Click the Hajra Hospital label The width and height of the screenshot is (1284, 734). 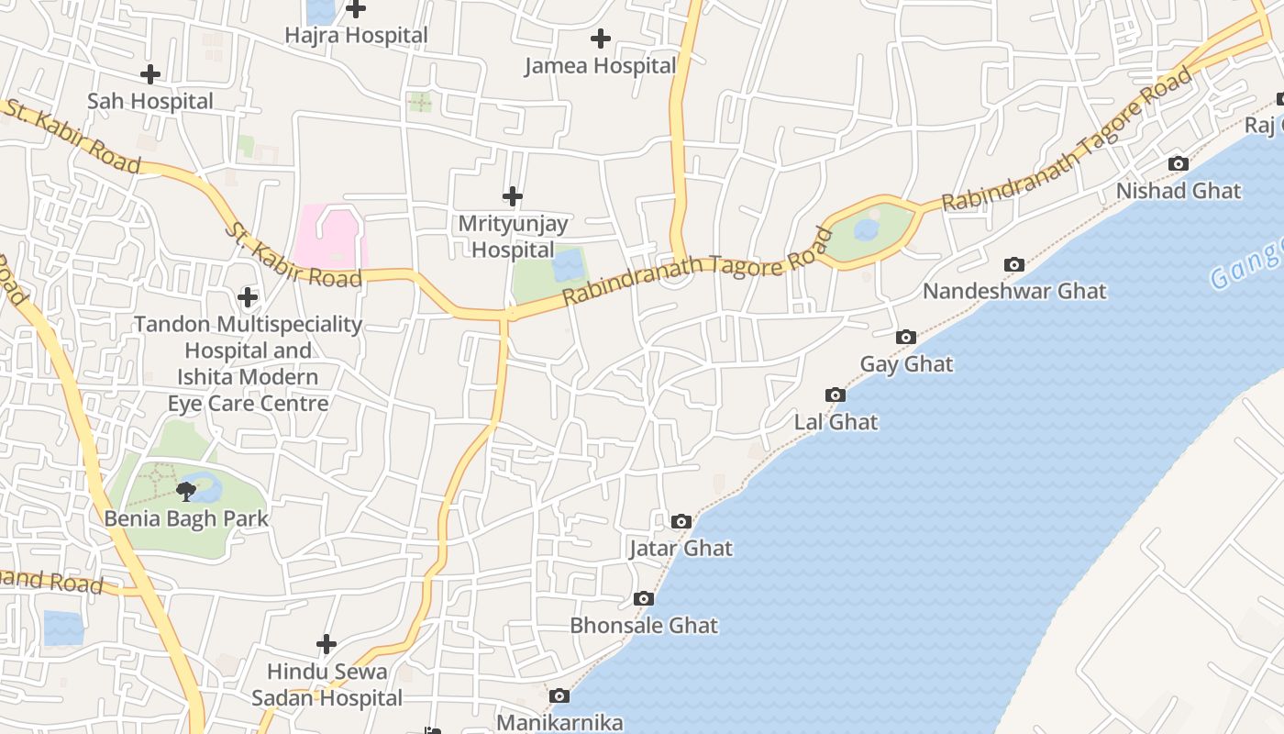point(356,36)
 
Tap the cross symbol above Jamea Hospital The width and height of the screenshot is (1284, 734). point(601,39)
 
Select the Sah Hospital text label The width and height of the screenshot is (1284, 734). point(150,101)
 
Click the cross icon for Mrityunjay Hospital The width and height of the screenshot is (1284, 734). point(513,196)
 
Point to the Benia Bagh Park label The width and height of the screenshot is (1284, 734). point(186,518)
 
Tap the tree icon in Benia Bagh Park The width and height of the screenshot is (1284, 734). point(186,491)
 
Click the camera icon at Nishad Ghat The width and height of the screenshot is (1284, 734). point(1179,164)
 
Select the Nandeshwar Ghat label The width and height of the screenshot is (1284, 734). point(1014,292)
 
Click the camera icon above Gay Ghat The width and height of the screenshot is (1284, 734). point(906,338)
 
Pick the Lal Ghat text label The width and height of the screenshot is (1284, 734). point(836,422)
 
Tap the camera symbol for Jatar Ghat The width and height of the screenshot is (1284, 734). point(681,522)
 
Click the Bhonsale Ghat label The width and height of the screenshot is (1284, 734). point(644,626)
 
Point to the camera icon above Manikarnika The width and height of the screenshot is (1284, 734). point(559,696)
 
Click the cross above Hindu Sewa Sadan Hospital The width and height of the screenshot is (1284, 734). point(327,644)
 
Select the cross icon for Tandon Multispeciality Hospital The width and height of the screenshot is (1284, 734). point(248,297)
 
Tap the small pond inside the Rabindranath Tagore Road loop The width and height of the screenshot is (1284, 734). point(866,229)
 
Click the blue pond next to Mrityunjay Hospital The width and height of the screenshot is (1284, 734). point(569,265)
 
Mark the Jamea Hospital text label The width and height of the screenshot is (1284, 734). point(601,66)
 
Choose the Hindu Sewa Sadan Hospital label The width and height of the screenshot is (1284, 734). point(327,684)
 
